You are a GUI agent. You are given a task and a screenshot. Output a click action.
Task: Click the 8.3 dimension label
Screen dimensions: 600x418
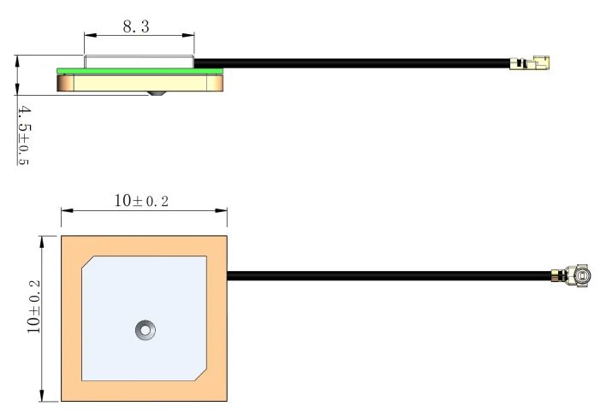coord(136,26)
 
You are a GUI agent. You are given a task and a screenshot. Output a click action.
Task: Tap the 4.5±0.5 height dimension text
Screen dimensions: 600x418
coord(23,135)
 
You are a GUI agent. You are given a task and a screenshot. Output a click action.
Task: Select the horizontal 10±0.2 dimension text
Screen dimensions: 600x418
coord(141,201)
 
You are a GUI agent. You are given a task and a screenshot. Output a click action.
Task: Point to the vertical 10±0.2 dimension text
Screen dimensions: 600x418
coord(33,306)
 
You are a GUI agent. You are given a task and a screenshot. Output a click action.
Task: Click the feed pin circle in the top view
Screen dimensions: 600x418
coord(146,330)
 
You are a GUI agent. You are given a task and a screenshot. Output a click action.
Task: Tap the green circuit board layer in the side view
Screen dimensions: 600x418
coord(140,71)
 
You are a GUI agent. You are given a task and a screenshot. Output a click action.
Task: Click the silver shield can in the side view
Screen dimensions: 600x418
coord(139,62)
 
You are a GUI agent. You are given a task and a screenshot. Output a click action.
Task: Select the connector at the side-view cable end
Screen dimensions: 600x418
coord(530,62)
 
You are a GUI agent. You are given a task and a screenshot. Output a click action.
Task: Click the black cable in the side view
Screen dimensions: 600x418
coord(352,63)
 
